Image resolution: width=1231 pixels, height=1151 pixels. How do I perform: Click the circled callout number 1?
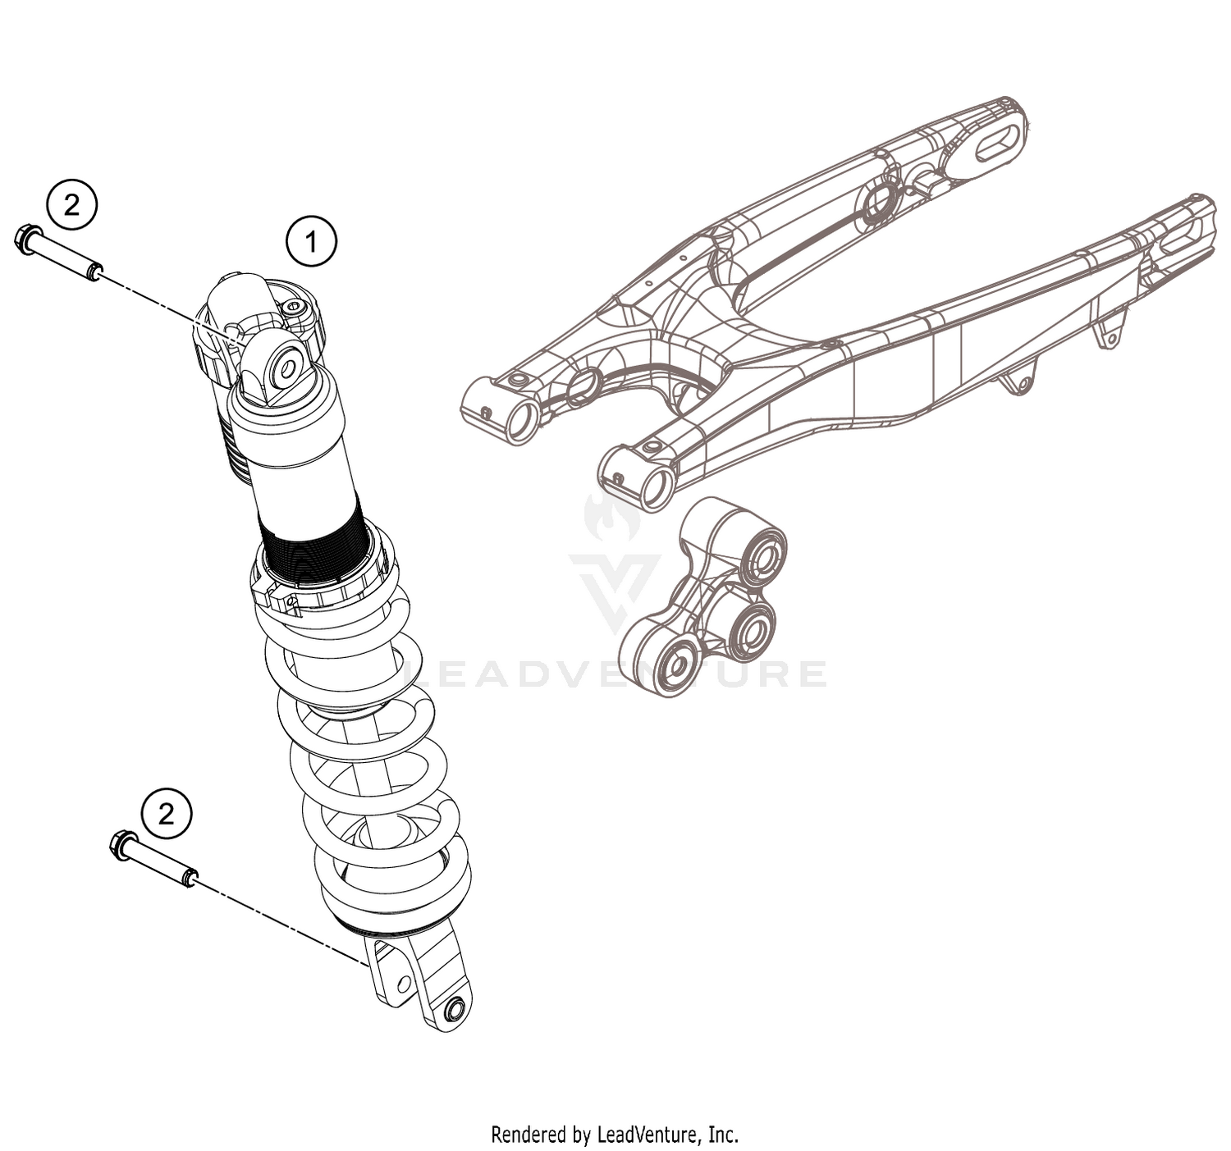tap(311, 242)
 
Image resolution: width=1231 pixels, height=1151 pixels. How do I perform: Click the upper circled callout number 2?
tap(72, 204)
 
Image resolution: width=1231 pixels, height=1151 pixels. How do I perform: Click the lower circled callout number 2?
tap(167, 814)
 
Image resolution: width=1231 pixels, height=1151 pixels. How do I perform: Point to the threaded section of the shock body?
tap(309, 541)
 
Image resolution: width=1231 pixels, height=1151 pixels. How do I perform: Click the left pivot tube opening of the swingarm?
tap(520, 421)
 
